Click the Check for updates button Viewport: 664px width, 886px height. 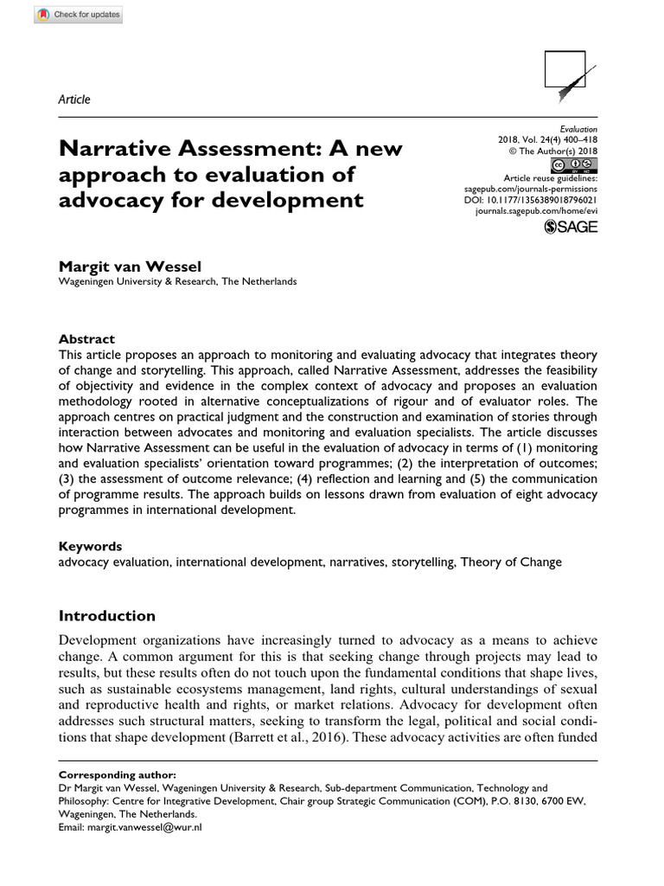coord(79,15)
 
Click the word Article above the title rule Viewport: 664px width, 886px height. coord(74,100)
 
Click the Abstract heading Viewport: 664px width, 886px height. coord(86,339)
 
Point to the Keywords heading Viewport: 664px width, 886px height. coord(90,546)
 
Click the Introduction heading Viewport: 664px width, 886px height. coord(106,616)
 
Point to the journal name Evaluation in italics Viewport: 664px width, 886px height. coord(578,127)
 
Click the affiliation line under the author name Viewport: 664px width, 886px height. coord(177,281)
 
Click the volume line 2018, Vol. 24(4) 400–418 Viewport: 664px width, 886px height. coord(547,139)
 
